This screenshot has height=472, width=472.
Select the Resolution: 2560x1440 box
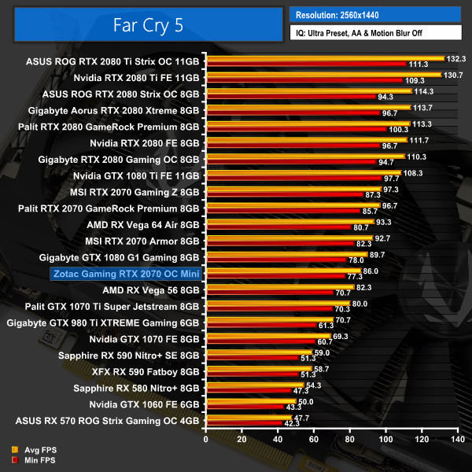[x=374, y=15]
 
